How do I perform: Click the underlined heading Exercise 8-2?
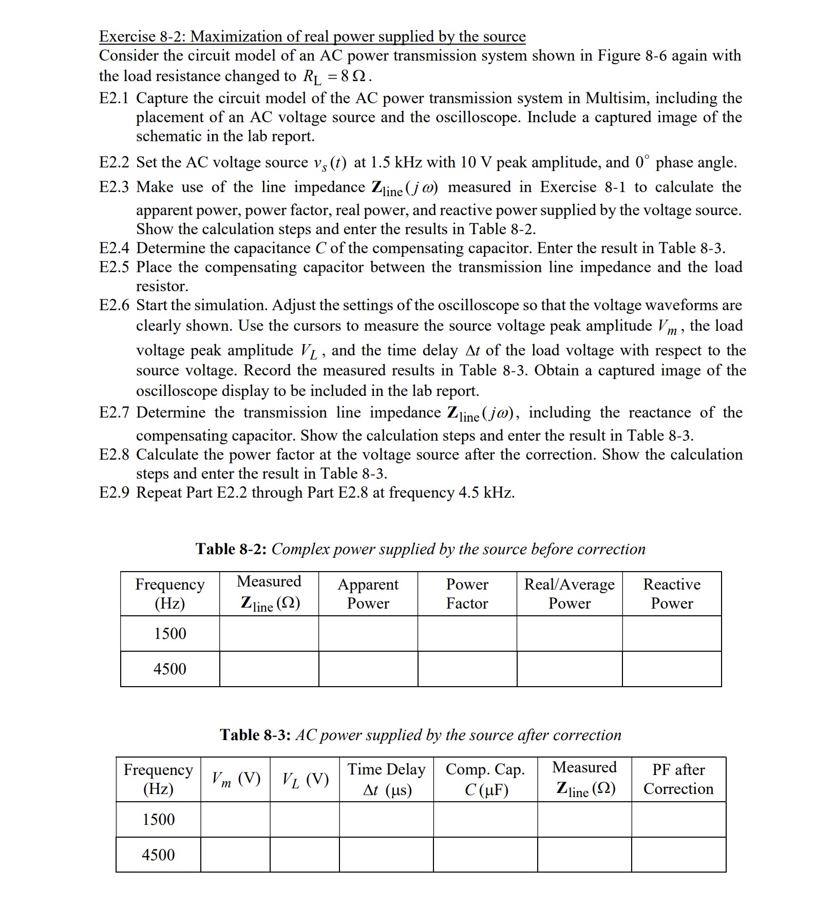click(312, 36)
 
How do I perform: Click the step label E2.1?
click(114, 98)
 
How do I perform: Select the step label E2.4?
click(114, 248)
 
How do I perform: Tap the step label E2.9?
click(114, 493)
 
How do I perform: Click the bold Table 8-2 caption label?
click(231, 549)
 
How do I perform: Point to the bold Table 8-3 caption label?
click(255, 735)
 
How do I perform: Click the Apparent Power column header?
click(368, 594)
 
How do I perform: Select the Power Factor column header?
click(467, 594)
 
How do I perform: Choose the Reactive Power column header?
click(671, 594)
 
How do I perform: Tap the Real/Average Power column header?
click(569, 594)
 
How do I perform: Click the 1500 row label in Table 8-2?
click(170, 633)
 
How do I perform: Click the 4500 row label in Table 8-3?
click(158, 855)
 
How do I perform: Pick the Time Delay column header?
click(386, 779)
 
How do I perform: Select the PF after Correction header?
click(678, 779)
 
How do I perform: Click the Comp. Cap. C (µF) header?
click(485, 779)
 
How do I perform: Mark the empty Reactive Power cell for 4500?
click(671, 669)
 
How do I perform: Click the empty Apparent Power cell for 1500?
click(368, 633)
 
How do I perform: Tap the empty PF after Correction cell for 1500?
click(678, 819)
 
